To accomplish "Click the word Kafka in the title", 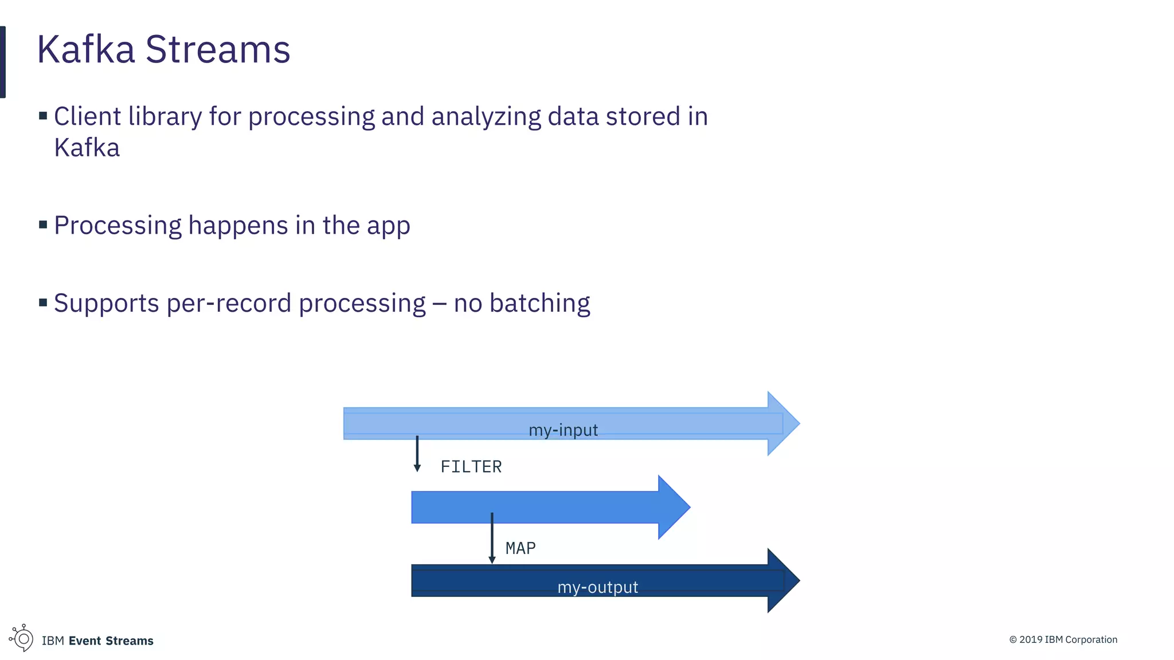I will (x=86, y=49).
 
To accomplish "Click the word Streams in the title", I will (x=218, y=49).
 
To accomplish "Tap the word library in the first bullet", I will (x=165, y=116).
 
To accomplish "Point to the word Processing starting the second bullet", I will (x=117, y=226).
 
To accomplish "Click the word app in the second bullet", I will (x=388, y=227).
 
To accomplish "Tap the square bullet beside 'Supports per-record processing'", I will (x=43, y=302).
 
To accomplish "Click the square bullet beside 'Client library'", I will (x=43, y=116).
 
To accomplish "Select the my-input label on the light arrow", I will (x=563, y=430).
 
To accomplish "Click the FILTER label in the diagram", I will (x=471, y=467).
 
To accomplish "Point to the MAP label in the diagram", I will (x=521, y=548).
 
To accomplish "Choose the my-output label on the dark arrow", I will (x=597, y=587).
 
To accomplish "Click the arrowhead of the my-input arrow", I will (x=782, y=424).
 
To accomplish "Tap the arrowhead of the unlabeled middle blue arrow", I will (x=673, y=507).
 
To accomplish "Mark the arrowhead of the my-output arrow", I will (x=782, y=580).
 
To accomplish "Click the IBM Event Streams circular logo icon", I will (x=22, y=638).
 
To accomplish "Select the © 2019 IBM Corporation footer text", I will (x=1063, y=639).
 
